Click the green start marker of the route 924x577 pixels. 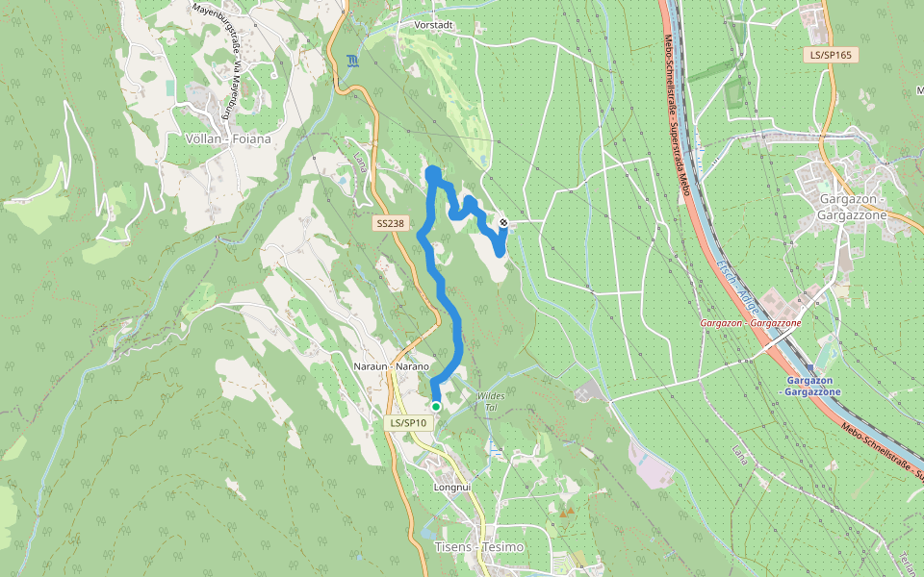tap(436, 407)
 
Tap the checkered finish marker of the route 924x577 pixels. tap(503, 223)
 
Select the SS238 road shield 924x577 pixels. tap(391, 223)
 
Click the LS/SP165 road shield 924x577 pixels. tap(831, 55)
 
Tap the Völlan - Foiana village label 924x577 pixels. tap(227, 138)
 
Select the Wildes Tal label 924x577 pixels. tap(490, 401)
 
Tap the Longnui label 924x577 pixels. tap(452, 488)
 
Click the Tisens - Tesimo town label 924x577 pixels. tap(480, 546)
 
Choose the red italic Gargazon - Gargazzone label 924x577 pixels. tap(752, 324)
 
